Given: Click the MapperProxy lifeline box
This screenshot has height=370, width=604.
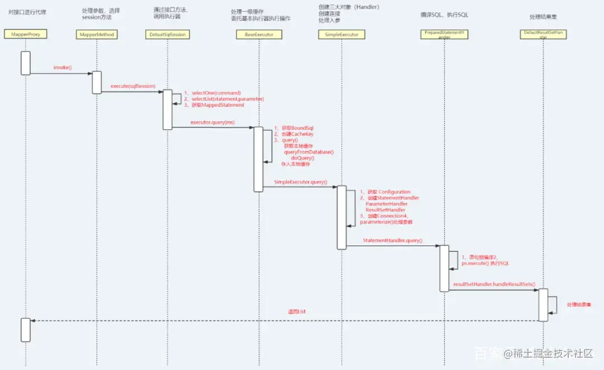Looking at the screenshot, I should click(25, 34).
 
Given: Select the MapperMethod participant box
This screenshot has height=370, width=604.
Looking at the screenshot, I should click(96, 35).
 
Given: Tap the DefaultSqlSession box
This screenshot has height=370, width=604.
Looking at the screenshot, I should click(167, 35).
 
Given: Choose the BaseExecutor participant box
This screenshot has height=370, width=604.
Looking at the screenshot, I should click(258, 35).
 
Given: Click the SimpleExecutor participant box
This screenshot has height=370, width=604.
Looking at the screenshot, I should click(342, 35).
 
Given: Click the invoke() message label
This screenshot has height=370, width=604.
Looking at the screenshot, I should click(63, 68).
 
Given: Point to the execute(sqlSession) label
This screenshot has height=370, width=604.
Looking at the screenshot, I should click(133, 87).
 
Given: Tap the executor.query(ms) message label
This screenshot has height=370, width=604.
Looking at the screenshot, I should click(213, 122).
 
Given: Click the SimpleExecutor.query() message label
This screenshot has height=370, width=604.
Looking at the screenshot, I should click(300, 182).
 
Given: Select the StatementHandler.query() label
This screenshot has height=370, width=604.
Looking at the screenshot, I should click(393, 241).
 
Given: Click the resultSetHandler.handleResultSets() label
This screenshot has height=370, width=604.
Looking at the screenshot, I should click(494, 284).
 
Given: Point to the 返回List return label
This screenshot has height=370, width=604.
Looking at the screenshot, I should click(296, 311).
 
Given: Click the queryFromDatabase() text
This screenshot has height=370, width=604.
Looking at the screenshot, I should click(309, 152).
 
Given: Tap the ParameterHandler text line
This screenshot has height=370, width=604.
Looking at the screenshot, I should click(386, 204).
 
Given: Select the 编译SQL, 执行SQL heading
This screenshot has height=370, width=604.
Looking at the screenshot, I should click(444, 15).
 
